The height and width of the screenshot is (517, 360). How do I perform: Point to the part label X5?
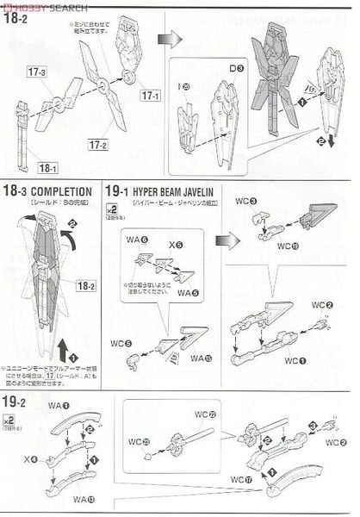[x=177, y=245]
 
